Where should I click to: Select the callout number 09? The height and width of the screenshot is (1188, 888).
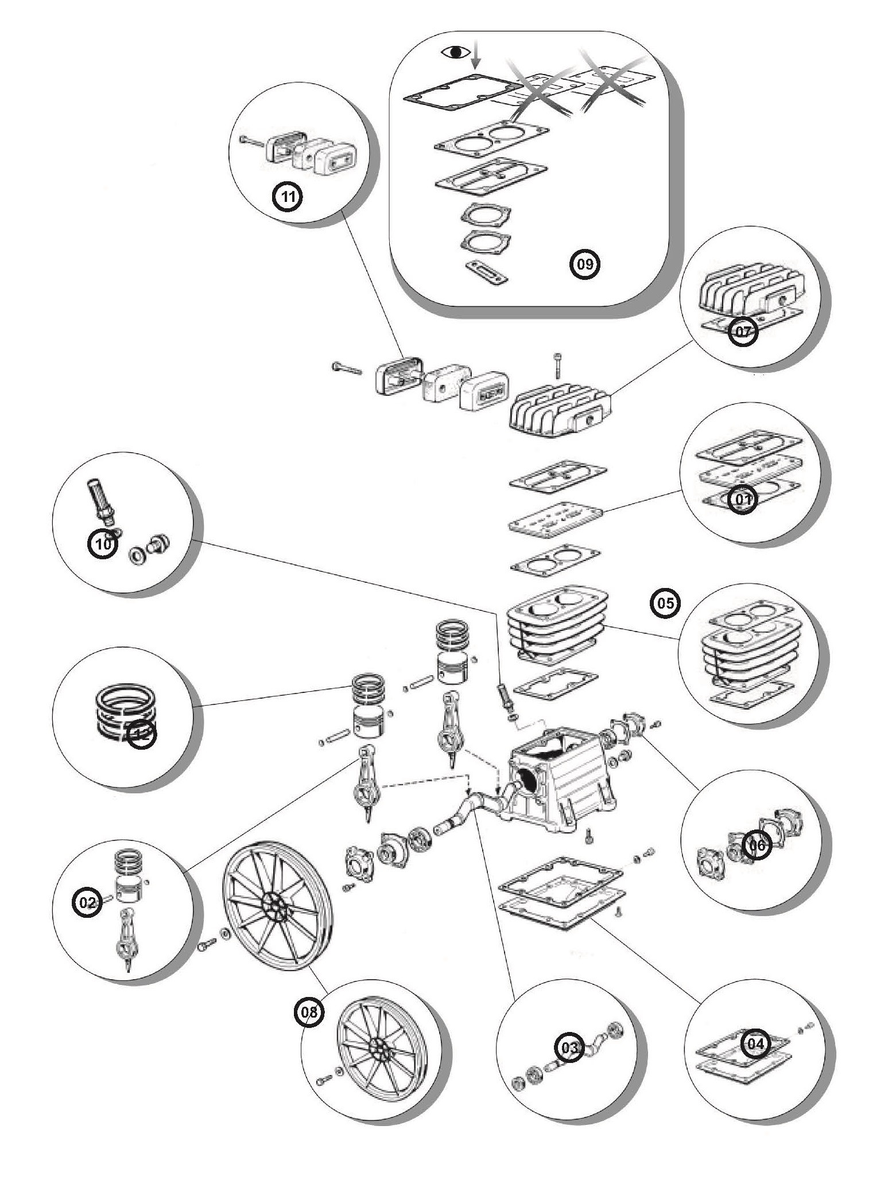click(x=584, y=264)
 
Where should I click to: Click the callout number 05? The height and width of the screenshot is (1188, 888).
click(x=665, y=603)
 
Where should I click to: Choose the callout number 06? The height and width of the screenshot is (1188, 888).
click(x=758, y=845)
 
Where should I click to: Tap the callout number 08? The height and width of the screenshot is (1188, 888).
click(x=309, y=1012)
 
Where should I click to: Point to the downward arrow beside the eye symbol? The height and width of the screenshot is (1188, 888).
click(x=475, y=57)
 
